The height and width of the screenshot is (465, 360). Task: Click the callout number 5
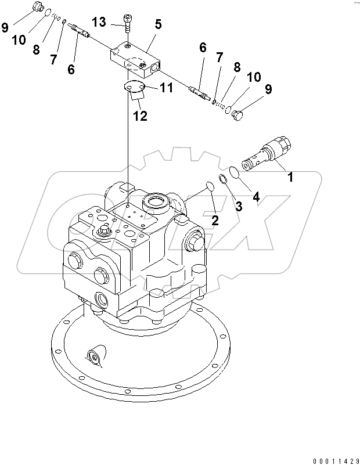pos(157,25)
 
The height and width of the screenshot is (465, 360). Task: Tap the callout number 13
pos(99,22)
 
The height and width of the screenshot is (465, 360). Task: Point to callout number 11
pos(167,88)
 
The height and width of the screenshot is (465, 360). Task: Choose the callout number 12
pos(140,116)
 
